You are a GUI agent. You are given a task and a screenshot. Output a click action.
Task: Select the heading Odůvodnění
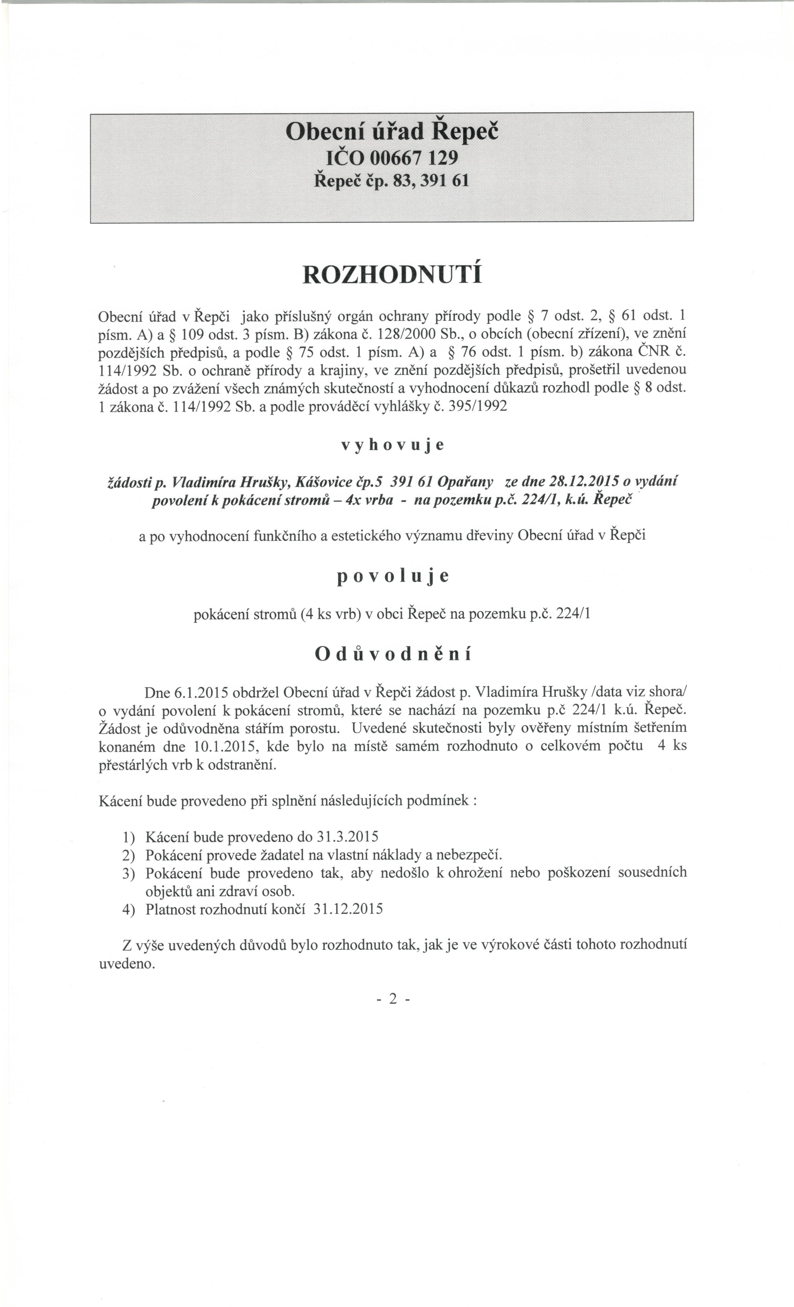pyautogui.click(x=393, y=654)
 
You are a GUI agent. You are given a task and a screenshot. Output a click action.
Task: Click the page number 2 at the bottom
pyautogui.click(x=393, y=999)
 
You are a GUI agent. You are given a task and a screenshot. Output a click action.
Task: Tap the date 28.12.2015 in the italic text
pyautogui.click(x=585, y=481)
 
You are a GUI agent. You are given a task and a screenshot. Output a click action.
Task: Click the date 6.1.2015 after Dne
pyautogui.click(x=201, y=693)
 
